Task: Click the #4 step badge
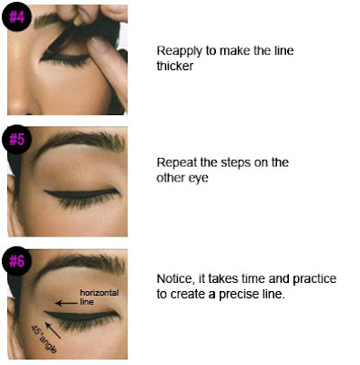[16, 17]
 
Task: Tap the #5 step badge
[16, 140]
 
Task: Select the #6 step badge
[16, 261]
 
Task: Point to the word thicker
[175, 66]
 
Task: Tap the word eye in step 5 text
[199, 178]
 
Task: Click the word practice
[314, 279]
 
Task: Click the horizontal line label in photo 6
[99, 297]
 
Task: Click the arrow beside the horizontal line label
[67, 303]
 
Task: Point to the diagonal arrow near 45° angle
[53, 329]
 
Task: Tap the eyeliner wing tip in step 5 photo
[45, 192]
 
